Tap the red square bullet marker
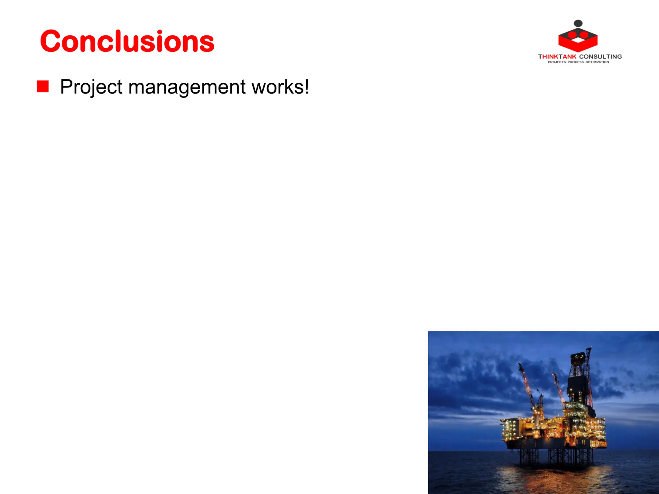pyautogui.click(x=42, y=87)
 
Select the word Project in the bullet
pyautogui.click(x=91, y=87)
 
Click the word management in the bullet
pyautogui.click(x=187, y=87)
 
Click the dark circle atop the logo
pyautogui.click(x=578, y=23)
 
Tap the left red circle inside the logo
pyautogui.click(x=572, y=34)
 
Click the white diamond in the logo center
pyautogui.click(x=578, y=40)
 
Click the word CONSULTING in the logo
pyautogui.click(x=600, y=57)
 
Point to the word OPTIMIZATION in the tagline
pyautogui.click(x=598, y=62)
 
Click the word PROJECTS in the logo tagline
pyautogui.click(x=557, y=62)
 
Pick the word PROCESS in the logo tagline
pyautogui.click(x=576, y=62)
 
